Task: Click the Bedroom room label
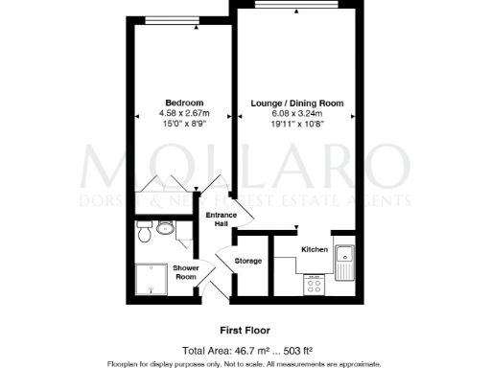(x=184, y=103)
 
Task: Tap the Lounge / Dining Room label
(x=296, y=103)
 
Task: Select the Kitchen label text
(x=316, y=248)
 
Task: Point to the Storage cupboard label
(x=248, y=261)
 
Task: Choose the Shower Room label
(x=185, y=272)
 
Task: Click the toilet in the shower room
(x=144, y=233)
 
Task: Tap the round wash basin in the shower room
(x=165, y=228)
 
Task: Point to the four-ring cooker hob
(x=315, y=284)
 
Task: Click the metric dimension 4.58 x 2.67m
(x=184, y=113)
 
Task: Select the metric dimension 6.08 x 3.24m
(x=296, y=113)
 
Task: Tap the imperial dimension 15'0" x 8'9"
(x=184, y=124)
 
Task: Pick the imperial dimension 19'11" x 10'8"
(x=296, y=124)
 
